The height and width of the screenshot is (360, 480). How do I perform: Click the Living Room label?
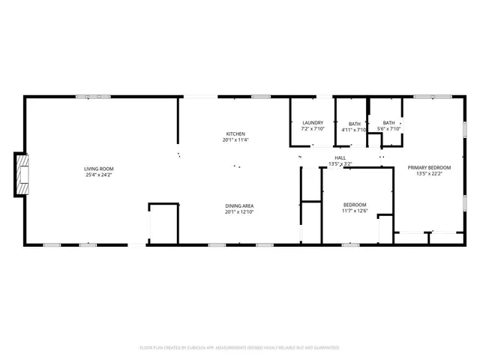pyautogui.click(x=98, y=169)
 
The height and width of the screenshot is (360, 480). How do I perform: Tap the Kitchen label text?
pyautogui.click(x=235, y=133)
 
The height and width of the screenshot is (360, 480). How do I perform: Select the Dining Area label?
pyautogui.click(x=239, y=205)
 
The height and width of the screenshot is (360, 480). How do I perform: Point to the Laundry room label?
pyautogui.click(x=313, y=123)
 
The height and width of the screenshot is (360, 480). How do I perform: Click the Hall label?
pyautogui.click(x=340, y=157)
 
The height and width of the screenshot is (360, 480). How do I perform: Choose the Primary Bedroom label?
pyautogui.click(x=430, y=167)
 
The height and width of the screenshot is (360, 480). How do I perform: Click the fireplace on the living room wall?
pyautogui.click(x=22, y=175)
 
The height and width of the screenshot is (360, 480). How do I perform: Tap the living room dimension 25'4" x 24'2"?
pyautogui.click(x=98, y=175)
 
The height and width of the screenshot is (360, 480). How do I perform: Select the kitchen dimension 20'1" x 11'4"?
pyautogui.click(x=235, y=140)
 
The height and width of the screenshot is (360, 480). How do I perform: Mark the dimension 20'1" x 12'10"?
pyautogui.click(x=239, y=212)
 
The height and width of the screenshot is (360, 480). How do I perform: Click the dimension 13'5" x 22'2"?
pyautogui.click(x=430, y=174)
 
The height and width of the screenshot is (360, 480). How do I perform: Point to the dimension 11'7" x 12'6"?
pyautogui.click(x=355, y=211)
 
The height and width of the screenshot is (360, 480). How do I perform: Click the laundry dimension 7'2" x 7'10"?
pyautogui.click(x=313, y=130)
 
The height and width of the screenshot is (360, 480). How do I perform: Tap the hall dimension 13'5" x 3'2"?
pyautogui.click(x=340, y=164)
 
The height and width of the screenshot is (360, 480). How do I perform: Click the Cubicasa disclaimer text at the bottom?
pyautogui.click(x=240, y=348)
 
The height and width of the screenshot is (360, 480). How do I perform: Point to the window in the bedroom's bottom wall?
pyautogui.click(x=349, y=244)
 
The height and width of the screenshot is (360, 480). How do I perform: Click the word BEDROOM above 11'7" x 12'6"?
pyautogui.click(x=355, y=205)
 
